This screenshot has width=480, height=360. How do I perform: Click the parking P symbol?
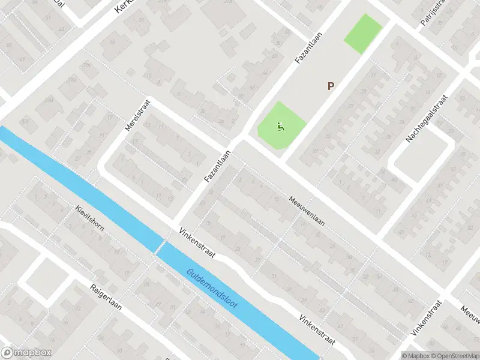(330, 86)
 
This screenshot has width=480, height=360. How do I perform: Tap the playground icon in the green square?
(279, 127)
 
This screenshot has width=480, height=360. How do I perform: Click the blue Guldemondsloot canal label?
(212, 289)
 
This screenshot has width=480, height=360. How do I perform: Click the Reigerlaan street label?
(106, 297)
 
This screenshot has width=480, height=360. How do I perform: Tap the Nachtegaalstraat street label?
(427, 118)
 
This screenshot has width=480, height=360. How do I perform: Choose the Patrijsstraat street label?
(431, 13)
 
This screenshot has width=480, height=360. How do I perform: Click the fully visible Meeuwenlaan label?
(306, 211)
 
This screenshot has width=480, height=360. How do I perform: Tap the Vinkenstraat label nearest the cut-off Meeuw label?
(426, 317)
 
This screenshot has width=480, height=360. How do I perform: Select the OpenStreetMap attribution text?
(455, 355)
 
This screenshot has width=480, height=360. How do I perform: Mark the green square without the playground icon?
(363, 34)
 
